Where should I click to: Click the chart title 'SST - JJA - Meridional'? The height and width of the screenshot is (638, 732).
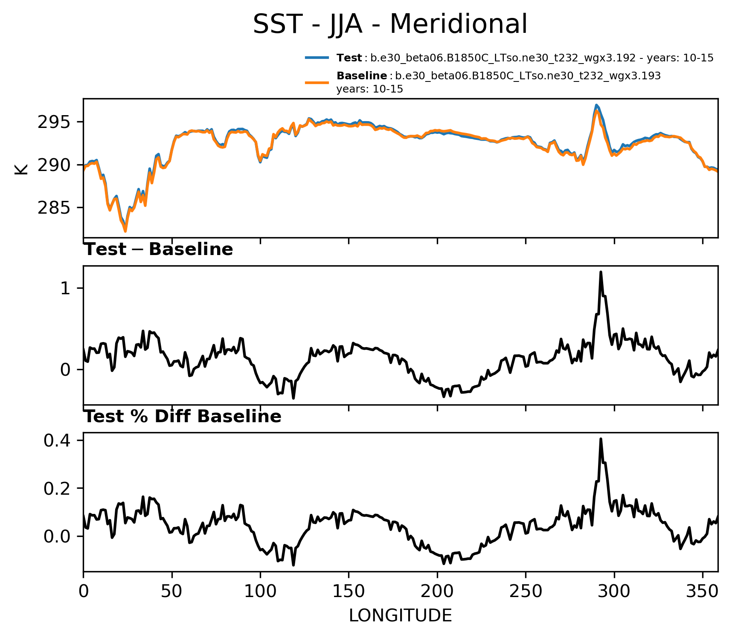[x=390, y=24]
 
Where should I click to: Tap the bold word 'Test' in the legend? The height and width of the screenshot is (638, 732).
[x=349, y=58]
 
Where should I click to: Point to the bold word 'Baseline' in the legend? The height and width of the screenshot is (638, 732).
[x=362, y=76]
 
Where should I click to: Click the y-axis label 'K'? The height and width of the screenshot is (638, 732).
[x=21, y=169]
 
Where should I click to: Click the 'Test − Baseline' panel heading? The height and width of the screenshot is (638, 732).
[x=158, y=249]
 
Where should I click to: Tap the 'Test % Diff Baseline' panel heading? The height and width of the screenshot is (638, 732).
[x=183, y=417]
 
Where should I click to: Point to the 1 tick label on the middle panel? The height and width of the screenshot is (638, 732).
[x=65, y=289]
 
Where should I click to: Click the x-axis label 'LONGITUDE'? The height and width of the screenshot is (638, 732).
[x=400, y=616]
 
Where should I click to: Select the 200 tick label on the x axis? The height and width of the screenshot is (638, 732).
[x=437, y=592]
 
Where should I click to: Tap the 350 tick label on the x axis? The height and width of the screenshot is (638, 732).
[x=702, y=592]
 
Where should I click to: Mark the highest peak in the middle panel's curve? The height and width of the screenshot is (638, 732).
[x=601, y=272]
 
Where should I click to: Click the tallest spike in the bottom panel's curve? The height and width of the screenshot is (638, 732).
[x=601, y=439]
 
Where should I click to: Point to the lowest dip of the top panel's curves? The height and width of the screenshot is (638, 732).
[x=125, y=231]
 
